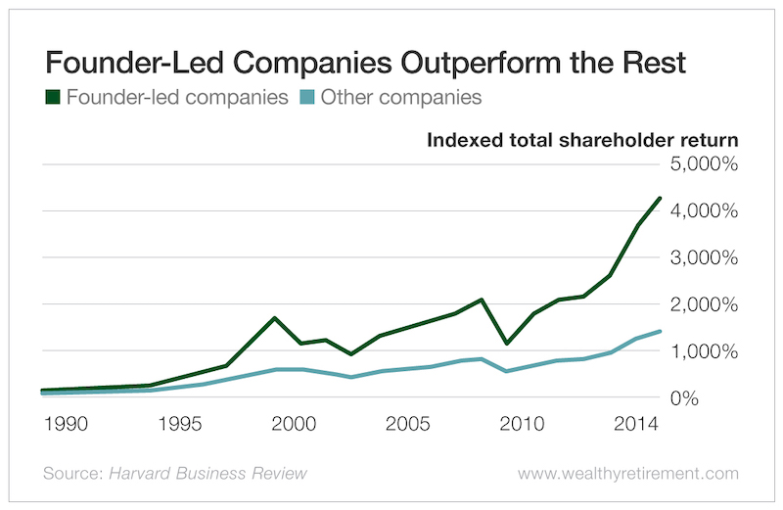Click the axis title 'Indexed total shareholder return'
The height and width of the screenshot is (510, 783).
pos(582,139)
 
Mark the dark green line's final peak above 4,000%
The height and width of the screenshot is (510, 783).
pos(661,198)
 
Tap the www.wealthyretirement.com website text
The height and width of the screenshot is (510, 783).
pos(627,474)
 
